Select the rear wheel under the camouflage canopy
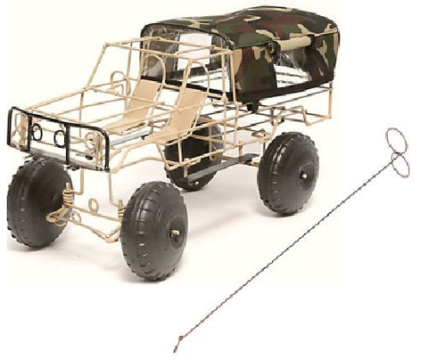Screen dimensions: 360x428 coord(287,172)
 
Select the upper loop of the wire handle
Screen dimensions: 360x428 coord(397,140)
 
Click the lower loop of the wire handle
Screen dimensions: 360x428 coord(399,164)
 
